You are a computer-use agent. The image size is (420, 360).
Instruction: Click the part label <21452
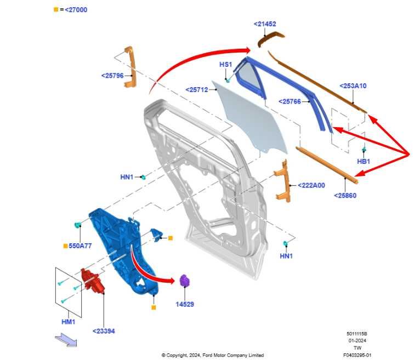(265, 24)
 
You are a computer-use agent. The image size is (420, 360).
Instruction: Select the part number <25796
(112, 76)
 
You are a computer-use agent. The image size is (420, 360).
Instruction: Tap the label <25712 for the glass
(197, 90)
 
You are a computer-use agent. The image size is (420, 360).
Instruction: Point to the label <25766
(290, 101)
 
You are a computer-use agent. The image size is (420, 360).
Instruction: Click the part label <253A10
(353, 86)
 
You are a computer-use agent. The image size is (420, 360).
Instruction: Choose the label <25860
(345, 196)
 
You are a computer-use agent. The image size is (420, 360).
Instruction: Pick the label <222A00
(311, 185)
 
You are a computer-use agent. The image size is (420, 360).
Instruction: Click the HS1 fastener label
(225, 65)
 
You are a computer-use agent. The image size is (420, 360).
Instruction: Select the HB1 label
(364, 162)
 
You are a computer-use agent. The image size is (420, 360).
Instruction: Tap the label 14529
(185, 304)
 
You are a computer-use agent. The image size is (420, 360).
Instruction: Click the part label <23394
(104, 331)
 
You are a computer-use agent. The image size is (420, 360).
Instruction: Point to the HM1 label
(69, 322)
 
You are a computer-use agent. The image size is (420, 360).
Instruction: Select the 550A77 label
(80, 245)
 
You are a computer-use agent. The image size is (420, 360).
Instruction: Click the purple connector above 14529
(184, 281)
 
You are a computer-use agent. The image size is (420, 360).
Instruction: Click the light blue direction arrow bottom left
(66, 340)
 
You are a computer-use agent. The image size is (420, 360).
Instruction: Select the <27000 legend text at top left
(76, 10)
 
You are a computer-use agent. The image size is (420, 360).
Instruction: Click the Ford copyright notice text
(212, 355)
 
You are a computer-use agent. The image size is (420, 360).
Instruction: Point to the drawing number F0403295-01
(357, 355)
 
